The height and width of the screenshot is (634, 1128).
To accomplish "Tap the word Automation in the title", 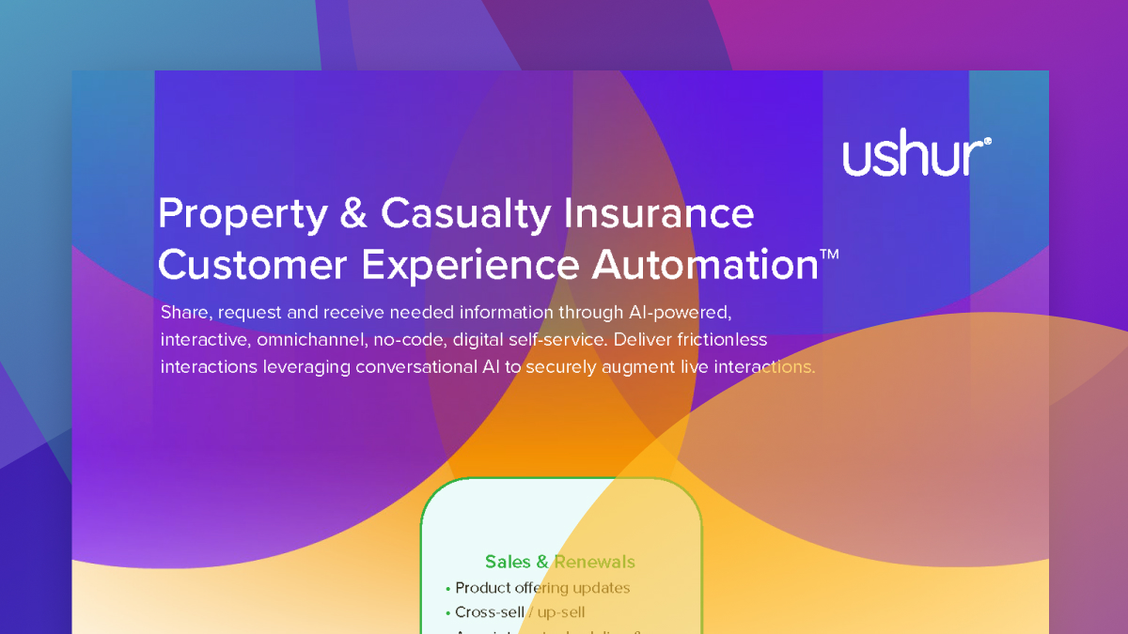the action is [x=705, y=265].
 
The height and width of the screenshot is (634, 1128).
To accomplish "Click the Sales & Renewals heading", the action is [x=559, y=562].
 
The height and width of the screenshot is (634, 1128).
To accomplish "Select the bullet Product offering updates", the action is [x=542, y=588].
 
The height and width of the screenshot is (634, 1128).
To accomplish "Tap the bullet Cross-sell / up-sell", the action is [x=520, y=612].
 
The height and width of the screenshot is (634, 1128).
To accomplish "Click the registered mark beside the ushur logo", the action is [x=987, y=143].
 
